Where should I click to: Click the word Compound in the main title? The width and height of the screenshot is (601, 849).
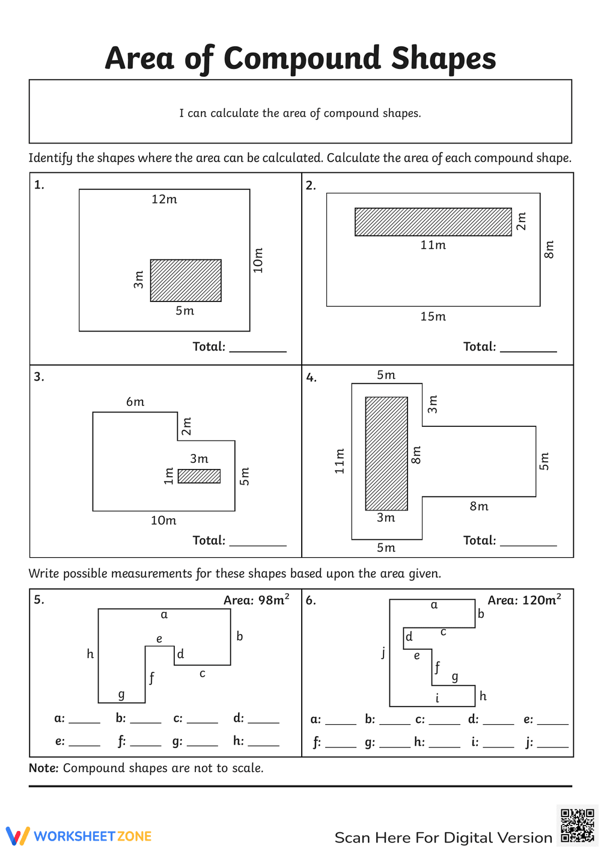[302, 59]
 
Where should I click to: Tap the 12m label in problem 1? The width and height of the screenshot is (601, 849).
[164, 199]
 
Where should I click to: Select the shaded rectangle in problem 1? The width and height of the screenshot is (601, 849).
[186, 280]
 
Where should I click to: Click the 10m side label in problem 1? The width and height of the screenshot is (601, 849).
[258, 261]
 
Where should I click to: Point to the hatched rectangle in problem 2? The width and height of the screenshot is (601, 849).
[433, 222]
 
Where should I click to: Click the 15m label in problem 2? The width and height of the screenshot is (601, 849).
[433, 316]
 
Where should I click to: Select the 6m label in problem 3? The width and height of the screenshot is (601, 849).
[135, 402]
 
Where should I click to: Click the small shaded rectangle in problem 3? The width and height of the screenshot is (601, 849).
[199, 476]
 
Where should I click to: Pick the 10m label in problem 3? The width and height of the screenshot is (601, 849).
[163, 521]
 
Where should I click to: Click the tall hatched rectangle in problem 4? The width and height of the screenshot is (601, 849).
[386, 453]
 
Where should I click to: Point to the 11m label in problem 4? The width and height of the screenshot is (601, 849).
[340, 461]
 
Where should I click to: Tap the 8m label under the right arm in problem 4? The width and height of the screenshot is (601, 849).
[479, 506]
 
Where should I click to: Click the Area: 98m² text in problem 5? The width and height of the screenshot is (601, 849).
[256, 600]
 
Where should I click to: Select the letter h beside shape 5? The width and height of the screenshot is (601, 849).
[90, 654]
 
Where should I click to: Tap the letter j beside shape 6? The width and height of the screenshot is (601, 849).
[383, 652]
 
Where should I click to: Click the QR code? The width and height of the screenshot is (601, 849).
[577, 826]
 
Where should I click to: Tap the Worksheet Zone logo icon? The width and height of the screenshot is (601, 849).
[17, 836]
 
